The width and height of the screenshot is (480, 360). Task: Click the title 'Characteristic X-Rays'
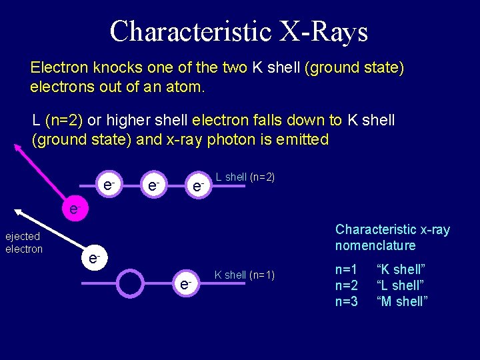(239, 31)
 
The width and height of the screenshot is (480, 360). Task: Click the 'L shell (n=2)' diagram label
(245, 177)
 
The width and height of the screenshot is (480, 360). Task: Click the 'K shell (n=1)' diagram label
(244, 275)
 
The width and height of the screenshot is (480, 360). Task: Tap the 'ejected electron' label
(24, 243)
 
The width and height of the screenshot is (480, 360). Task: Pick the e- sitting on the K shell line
(185, 284)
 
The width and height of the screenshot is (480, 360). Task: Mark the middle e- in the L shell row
(153, 184)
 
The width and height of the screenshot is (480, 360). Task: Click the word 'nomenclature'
(375, 245)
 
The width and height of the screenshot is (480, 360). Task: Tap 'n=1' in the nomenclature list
(347, 270)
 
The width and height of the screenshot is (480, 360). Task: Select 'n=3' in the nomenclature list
(347, 301)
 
